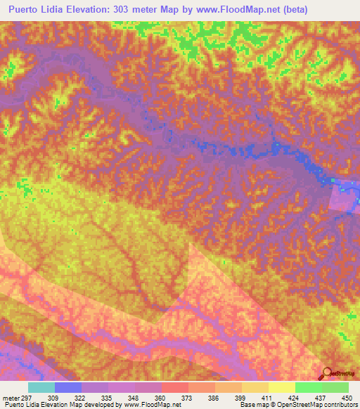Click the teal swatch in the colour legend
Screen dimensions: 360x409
click(41, 387)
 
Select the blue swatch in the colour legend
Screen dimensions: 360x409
click(68, 387)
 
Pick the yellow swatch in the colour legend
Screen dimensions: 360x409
click(281, 387)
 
